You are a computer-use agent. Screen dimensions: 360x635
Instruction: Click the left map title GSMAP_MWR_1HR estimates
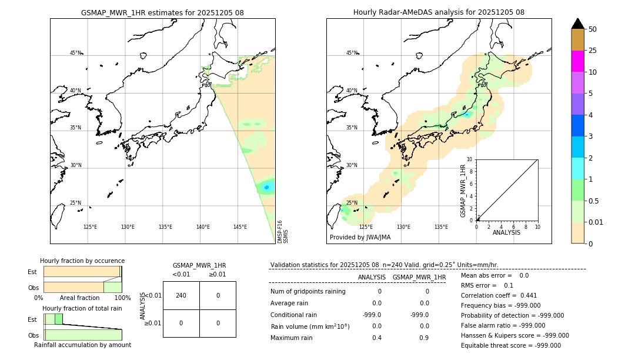(x=162, y=12)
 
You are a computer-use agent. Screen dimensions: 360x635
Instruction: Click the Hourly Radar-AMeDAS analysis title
(x=439, y=12)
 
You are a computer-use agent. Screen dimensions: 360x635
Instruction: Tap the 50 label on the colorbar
(x=593, y=29)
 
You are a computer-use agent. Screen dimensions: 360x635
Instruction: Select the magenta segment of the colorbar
(x=577, y=61)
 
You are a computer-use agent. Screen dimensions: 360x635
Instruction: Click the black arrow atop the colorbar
(x=577, y=24)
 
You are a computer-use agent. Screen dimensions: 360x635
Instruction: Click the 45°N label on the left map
(x=75, y=53)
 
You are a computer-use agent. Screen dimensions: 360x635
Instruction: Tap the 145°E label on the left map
(x=240, y=227)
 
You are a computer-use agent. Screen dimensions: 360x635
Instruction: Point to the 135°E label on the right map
(x=441, y=227)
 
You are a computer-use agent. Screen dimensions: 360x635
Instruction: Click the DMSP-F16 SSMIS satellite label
(x=282, y=232)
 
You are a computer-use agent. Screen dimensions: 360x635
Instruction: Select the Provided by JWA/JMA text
(x=360, y=238)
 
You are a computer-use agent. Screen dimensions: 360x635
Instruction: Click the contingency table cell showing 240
(x=181, y=295)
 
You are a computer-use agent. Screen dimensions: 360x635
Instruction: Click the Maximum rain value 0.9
(x=424, y=338)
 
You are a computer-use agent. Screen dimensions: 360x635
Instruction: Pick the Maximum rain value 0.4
(x=377, y=338)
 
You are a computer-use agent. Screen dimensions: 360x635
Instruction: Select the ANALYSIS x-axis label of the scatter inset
(x=506, y=232)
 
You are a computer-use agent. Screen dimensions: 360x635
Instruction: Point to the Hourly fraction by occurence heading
(x=82, y=261)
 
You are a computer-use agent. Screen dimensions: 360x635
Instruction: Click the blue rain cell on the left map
(x=266, y=188)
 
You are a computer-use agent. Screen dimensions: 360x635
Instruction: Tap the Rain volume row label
(x=310, y=326)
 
